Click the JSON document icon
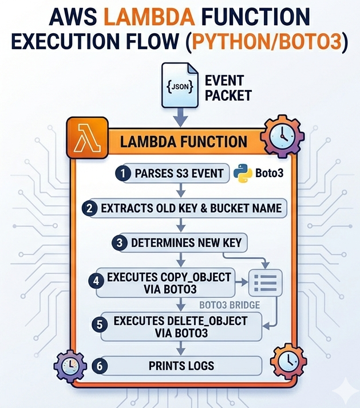180,87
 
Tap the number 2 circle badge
89,208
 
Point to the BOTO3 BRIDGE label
228,304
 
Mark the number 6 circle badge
101,365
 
